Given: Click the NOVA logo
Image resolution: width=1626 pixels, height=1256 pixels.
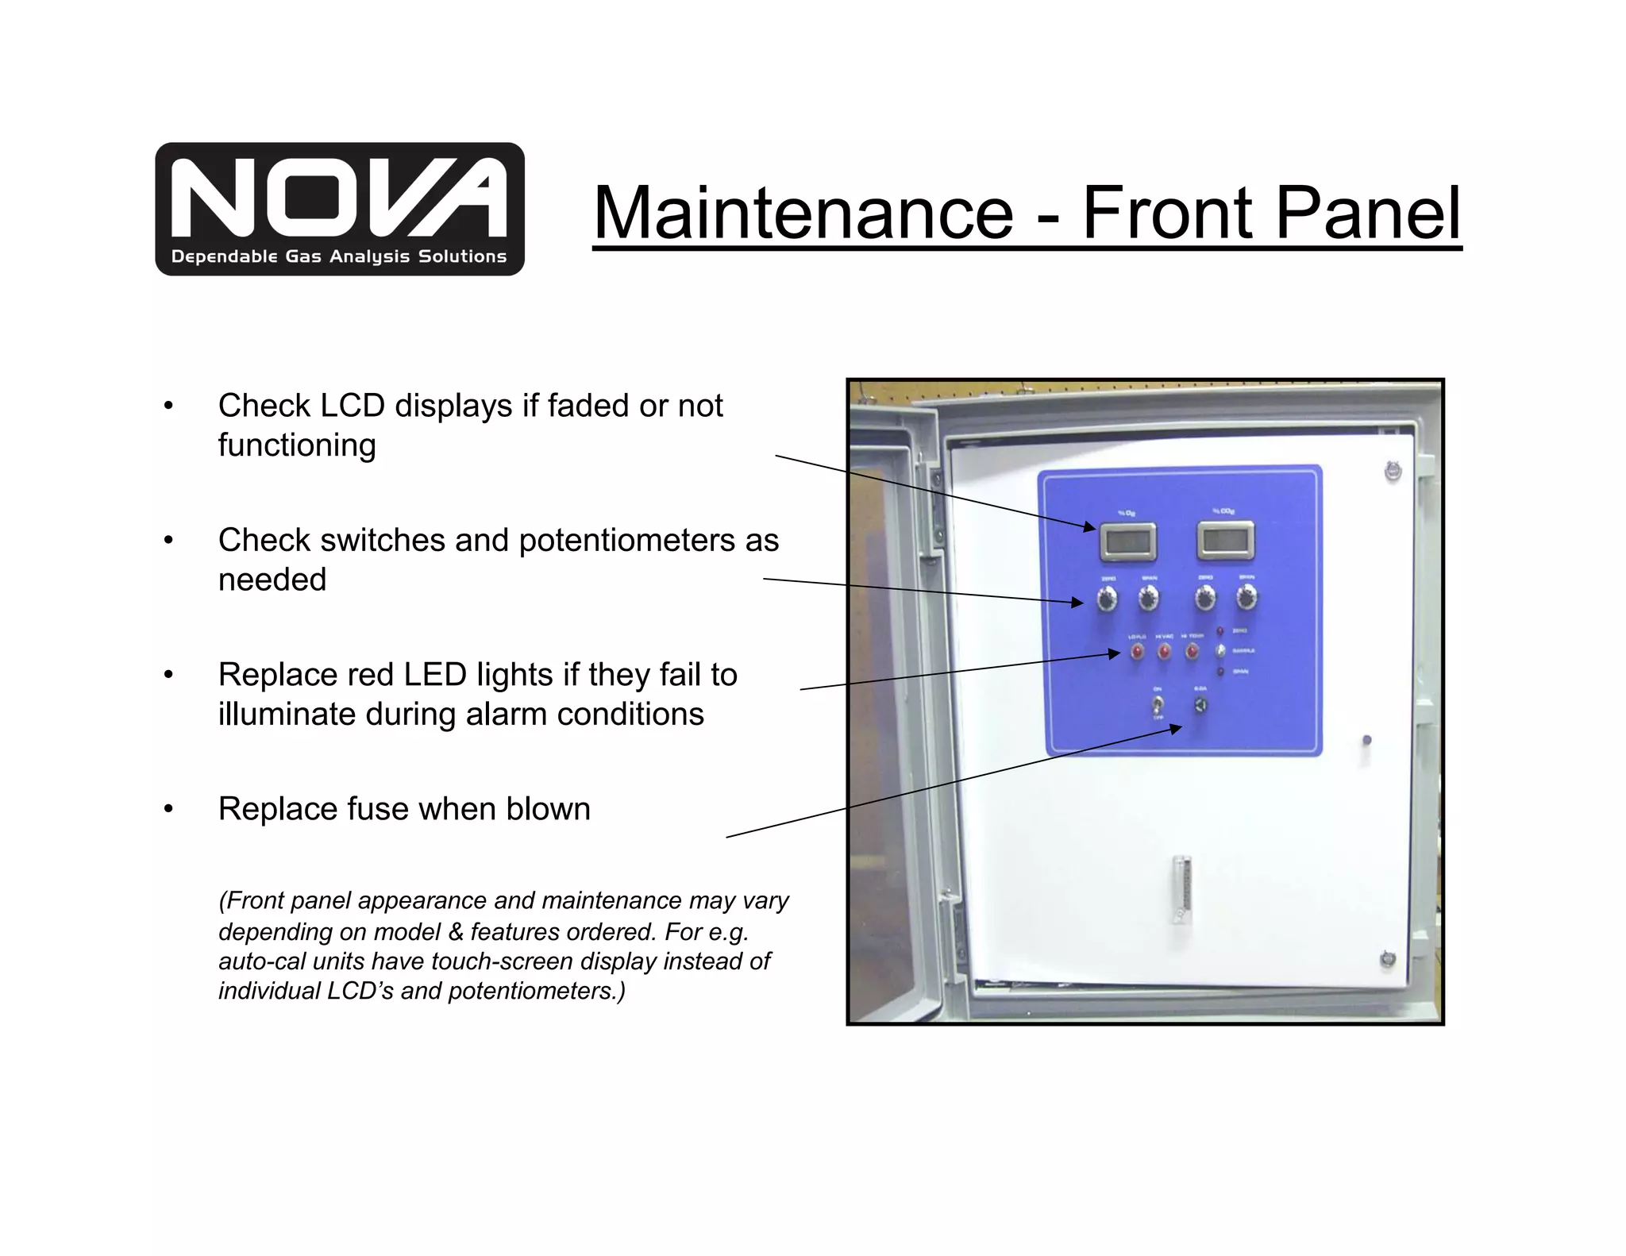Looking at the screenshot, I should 340,209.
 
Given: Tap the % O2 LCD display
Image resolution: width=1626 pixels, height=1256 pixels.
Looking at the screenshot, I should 1127,543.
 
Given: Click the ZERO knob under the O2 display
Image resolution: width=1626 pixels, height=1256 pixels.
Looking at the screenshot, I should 1107,599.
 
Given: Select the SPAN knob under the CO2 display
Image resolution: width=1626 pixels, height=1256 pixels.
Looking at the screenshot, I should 1246,597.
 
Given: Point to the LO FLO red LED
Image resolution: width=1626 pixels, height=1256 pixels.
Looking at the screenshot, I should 1137,652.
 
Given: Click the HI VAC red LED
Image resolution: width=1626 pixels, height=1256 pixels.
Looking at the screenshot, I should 1164,652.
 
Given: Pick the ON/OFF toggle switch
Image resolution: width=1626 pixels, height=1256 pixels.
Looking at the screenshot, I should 1158,704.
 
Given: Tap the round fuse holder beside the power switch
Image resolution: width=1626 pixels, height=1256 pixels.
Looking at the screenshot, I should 1200,704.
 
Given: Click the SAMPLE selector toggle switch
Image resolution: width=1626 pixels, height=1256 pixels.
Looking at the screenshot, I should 1220,651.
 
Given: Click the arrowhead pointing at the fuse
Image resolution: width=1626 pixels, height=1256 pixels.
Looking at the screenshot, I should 1176,730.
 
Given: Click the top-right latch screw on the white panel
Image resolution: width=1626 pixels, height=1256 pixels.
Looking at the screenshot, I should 1392,472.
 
